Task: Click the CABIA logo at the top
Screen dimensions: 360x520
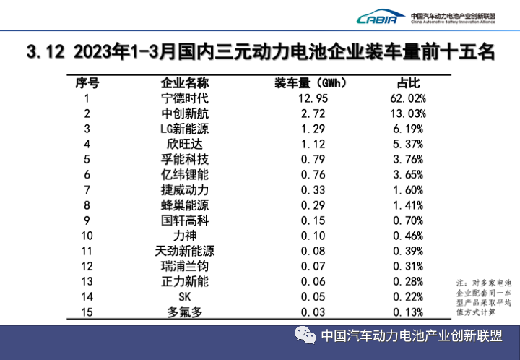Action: click(x=380, y=17)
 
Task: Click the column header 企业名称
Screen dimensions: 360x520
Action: click(x=184, y=82)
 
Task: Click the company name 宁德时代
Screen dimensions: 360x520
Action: click(x=184, y=98)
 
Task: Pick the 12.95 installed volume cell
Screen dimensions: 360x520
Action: click(x=312, y=98)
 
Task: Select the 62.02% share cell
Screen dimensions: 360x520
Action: click(x=409, y=98)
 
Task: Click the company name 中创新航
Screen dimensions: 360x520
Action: click(x=184, y=113)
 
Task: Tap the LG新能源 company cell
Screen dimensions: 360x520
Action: click(x=184, y=129)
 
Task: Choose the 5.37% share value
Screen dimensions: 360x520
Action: click(x=409, y=144)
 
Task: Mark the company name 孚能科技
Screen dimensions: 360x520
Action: click(x=184, y=159)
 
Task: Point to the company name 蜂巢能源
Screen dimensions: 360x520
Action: click(x=184, y=205)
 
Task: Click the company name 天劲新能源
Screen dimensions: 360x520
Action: click(x=184, y=251)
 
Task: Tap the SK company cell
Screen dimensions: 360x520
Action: click(x=184, y=296)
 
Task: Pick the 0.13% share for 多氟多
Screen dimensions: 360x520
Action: click(x=409, y=312)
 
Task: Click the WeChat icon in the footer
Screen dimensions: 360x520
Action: click(x=304, y=335)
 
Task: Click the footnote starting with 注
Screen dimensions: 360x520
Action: click(x=483, y=296)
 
